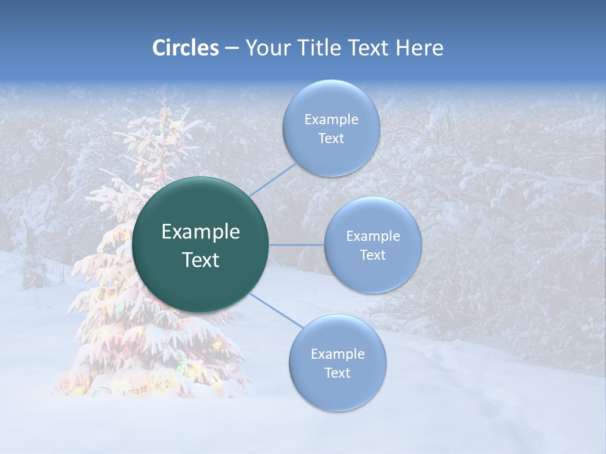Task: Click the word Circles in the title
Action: [x=185, y=48]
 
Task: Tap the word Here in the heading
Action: [x=419, y=48]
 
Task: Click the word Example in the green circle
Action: [x=201, y=232]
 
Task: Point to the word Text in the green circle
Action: [x=201, y=260]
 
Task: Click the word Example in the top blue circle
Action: [x=331, y=120]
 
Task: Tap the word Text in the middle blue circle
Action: [x=372, y=255]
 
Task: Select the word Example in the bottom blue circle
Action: [x=337, y=354]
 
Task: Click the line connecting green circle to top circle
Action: [x=273, y=179]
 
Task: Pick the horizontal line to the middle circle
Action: [x=297, y=245]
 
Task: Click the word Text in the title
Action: [x=371, y=48]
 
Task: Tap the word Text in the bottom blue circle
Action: [x=337, y=373]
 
